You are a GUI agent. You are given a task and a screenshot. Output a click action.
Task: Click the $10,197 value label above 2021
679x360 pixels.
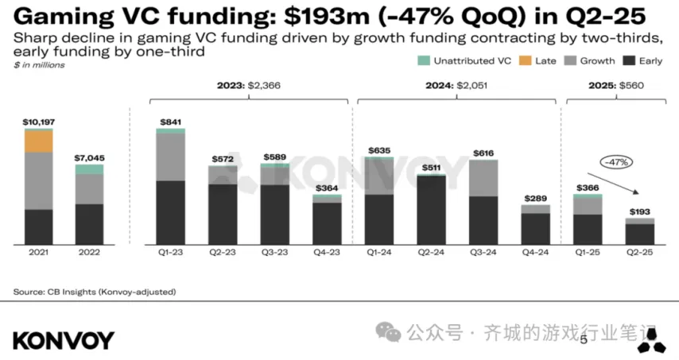coord(38,122)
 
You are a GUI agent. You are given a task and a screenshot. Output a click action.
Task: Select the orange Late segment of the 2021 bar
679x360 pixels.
coord(38,141)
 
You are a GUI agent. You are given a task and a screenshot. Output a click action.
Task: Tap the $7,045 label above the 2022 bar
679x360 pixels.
coord(89,158)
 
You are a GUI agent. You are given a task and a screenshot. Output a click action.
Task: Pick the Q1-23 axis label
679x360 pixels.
coord(170,253)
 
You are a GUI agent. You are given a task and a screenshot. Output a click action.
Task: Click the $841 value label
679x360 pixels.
coord(170,122)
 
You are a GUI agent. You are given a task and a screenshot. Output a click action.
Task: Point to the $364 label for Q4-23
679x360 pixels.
coord(327,188)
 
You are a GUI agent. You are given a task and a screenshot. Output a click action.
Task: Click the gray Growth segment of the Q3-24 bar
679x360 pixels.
coord(483,179)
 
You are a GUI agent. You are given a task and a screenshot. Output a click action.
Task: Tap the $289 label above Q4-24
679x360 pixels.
coord(535,198)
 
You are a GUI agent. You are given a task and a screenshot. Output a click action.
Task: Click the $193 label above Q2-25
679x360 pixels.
coord(640,211)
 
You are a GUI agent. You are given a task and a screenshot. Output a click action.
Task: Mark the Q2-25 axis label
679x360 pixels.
coord(640,253)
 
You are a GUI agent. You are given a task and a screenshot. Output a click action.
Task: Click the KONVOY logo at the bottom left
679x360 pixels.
coord(64,340)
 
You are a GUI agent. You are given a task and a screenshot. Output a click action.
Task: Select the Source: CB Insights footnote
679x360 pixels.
coord(95,292)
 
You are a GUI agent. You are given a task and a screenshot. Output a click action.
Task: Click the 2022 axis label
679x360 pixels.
coord(89,253)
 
